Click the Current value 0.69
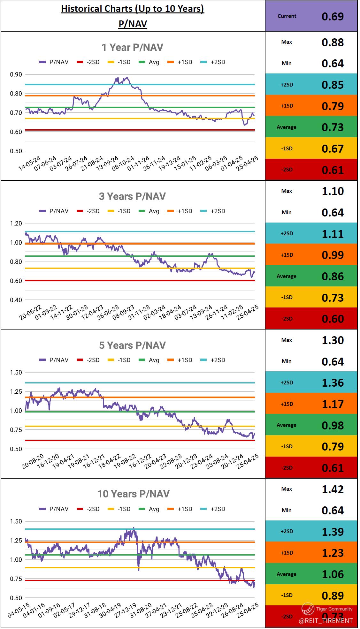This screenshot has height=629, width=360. coord(333,16)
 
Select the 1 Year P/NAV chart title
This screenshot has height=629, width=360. coord(132,48)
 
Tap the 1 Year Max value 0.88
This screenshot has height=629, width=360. coord(333,42)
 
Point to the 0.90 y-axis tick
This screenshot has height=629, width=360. coord(16,74)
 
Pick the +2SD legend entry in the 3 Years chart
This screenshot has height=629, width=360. coord(214,211)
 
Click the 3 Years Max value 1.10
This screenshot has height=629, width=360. coord(333,191)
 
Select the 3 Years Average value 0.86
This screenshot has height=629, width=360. coord(333,277)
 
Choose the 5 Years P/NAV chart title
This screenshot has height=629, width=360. coord(132,345)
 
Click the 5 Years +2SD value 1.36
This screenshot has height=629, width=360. coord(333,383)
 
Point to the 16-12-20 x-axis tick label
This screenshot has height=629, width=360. coord(48,461)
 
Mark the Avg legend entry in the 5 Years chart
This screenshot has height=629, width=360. coord(150,360)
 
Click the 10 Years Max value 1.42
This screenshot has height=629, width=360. coord(333,489)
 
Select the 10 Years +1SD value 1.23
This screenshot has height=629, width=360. coord(333,553)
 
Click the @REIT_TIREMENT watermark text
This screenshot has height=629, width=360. coord(326,621)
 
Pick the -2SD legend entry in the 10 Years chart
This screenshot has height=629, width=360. coord(89,509)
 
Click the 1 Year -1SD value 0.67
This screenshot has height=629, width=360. coord(333,149)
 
